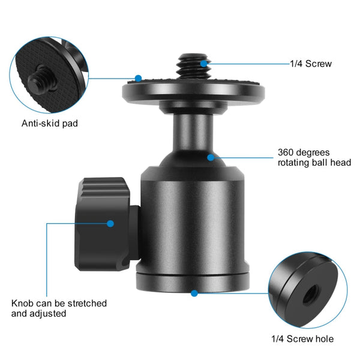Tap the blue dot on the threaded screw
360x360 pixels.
pyautogui.click(x=204, y=62)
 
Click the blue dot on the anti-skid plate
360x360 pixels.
pyautogui.click(x=138, y=78)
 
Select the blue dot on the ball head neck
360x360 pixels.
pyautogui.click(x=211, y=157)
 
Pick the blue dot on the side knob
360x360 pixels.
pyautogui.click(x=110, y=223)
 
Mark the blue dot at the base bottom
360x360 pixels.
pyautogui.click(x=194, y=293)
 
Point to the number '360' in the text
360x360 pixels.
pyautogui.click(x=287, y=152)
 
